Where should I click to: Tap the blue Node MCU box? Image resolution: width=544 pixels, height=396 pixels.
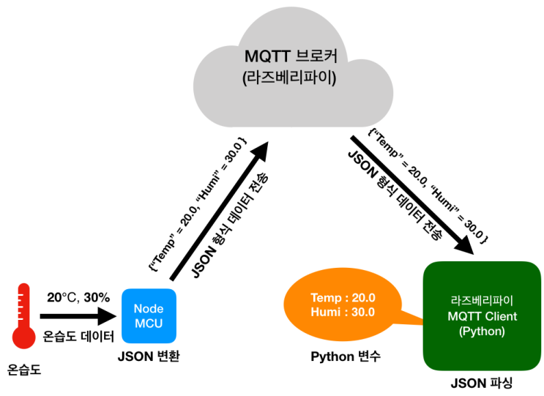point(149,315)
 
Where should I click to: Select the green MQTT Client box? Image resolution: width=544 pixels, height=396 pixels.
point(481,315)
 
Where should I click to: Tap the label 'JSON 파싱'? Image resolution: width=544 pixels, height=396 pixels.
point(482,384)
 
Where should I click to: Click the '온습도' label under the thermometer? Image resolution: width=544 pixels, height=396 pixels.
point(24,370)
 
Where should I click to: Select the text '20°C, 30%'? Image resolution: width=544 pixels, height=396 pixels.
point(78,297)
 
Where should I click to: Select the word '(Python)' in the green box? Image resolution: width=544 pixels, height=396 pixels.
point(482,331)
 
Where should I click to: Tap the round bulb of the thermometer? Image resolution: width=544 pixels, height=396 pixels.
point(24,336)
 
